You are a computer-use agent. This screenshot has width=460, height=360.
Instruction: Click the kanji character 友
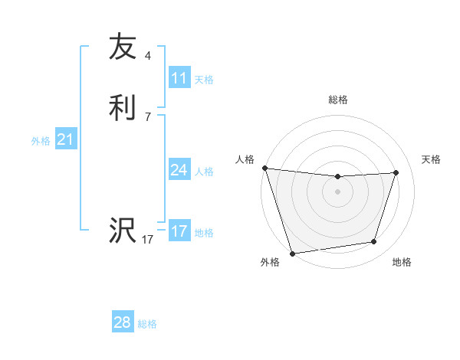(123, 47)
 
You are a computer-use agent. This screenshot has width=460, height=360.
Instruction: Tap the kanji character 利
(123, 107)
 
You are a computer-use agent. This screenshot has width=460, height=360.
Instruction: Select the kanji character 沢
(123, 231)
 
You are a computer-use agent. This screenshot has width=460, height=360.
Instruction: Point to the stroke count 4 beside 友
(148, 55)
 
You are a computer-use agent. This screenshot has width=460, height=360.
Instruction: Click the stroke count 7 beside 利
(148, 116)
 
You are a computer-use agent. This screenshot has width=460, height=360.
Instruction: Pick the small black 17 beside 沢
(148, 240)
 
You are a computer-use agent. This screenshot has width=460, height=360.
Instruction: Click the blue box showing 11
(179, 77)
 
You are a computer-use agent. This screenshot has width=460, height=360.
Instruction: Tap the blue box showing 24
(179, 170)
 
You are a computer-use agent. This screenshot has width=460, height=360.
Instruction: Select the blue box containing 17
(179, 231)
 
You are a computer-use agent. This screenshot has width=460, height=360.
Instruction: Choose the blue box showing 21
(66, 139)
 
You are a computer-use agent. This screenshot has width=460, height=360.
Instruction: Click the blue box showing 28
(123, 322)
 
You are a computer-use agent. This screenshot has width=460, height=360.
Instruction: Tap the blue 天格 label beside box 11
(204, 79)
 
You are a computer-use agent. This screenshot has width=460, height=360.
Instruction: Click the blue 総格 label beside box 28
(147, 324)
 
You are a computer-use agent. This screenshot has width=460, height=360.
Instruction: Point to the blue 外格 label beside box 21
(41, 141)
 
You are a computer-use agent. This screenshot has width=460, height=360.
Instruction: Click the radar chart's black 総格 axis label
(338, 100)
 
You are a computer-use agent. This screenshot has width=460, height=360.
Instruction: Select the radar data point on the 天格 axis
(396, 172)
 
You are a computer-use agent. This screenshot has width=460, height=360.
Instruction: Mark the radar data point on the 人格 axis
(264, 168)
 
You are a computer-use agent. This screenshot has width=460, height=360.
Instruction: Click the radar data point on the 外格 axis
(292, 253)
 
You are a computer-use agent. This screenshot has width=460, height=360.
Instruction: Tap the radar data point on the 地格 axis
(374, 242)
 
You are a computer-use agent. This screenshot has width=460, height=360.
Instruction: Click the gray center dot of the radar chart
(337, 191)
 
